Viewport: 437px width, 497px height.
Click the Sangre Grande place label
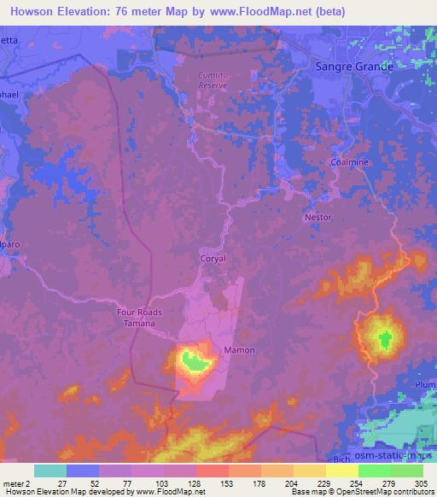pyautogui.click(x=353, y=66)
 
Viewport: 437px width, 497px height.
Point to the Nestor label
pyautogui.click(x=318, y=217)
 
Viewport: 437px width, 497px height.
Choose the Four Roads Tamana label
pyautogui.click(x=139, y=318)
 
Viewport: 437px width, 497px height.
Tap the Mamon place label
pyautogui.click(x=239, y=350)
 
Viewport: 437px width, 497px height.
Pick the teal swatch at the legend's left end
pyautogui.click(x=50, y=470)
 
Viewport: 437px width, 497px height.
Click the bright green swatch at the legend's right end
pyautogui.click(x=406, y=470)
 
